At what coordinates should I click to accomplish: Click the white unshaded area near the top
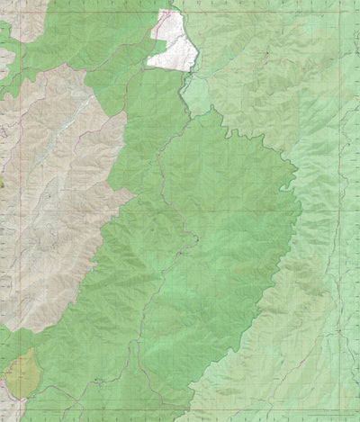(174, 45)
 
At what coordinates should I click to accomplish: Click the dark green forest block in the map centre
(207, 225)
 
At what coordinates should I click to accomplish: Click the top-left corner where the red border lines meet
(3, 3)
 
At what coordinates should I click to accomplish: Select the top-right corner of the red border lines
(357, 3)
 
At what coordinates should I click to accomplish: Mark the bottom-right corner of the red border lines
(357, 419)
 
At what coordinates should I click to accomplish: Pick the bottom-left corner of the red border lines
(3, 419)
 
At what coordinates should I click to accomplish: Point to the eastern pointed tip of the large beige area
(134, 193)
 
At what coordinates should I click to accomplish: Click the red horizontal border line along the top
(180, 3)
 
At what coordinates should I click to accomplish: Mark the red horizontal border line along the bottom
(180, 419)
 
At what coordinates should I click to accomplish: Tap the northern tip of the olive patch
(27, 351)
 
